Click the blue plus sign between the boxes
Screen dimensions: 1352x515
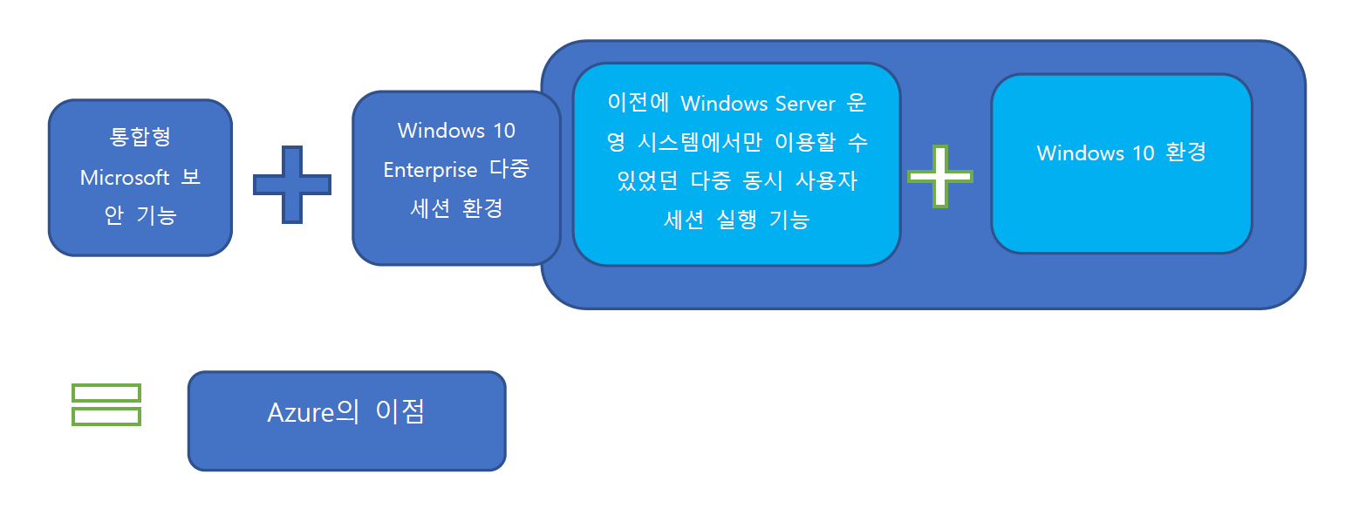tap(292, 185)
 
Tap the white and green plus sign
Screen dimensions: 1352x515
tap(940, 177)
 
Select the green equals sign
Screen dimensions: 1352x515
tap(106, 404)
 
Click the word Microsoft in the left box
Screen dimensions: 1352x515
tap(125, 178)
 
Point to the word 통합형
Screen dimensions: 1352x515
tap(140, 137)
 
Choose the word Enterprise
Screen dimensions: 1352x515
tap(430, 170)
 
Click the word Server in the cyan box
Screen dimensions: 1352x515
tap(805, 104)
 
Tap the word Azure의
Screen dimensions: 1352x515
tap(313, 412)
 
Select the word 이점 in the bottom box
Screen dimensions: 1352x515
tap(400, 412)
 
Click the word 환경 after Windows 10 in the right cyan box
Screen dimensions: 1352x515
tap(1186, 153)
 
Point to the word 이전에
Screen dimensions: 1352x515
tap(638, 103)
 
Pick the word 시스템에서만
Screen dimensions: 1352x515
tap(700, 142)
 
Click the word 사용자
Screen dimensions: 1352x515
tap(826, 181)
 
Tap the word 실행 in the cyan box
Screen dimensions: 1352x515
tap(736, 220)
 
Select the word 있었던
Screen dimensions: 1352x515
tap(647, 181)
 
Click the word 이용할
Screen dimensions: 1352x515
tap(805, 142)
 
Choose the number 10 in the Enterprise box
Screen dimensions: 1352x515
tap(504, 131)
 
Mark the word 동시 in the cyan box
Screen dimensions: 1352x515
tap(762, 181)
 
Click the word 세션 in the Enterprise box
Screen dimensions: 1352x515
tap(430, 208)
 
